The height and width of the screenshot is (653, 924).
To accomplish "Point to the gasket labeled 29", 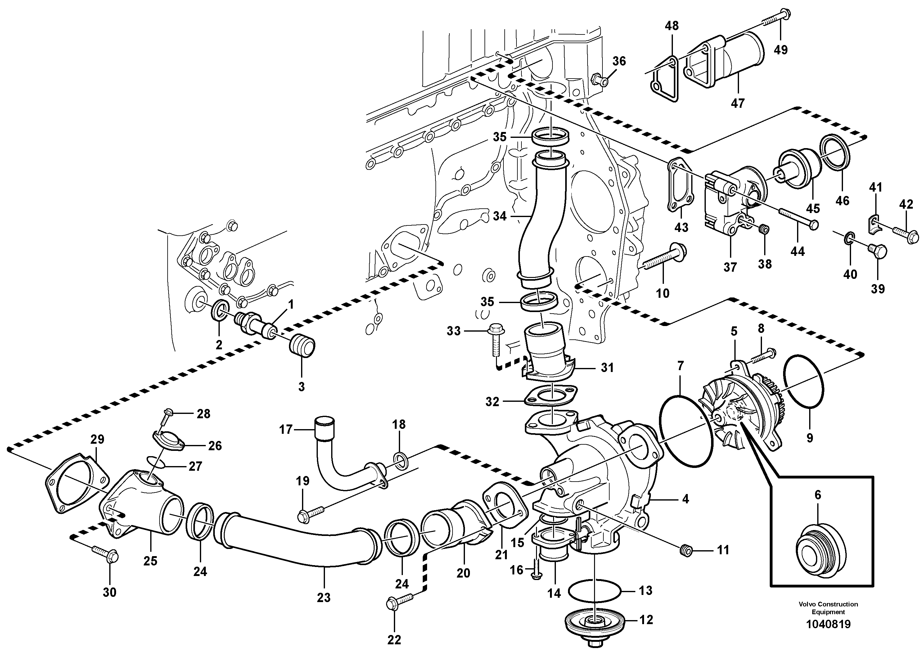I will tap(76, 483).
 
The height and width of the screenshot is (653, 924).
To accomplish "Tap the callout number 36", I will tap(619, 61).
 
